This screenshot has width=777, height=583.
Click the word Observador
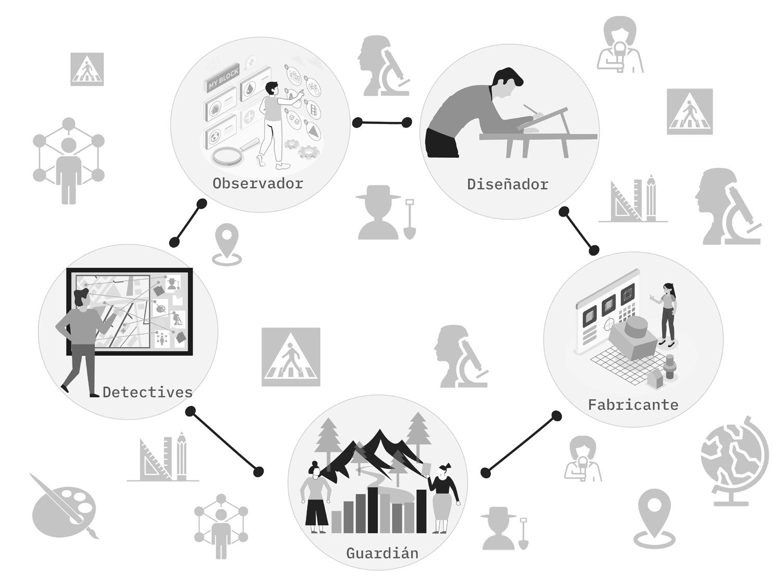258,183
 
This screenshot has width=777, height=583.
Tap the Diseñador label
507,184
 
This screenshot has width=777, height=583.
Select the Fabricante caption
633,405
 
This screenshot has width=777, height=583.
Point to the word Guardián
382,553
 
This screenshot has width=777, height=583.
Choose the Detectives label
147,392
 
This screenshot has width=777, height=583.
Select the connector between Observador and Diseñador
382,123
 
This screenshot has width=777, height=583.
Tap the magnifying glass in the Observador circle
229,155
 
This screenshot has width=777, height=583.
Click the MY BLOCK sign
223,79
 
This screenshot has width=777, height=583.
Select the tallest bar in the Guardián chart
373,510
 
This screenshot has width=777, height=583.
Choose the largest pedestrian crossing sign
290,357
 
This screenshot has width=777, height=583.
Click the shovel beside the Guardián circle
523,534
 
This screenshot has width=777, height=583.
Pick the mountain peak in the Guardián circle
380,437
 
